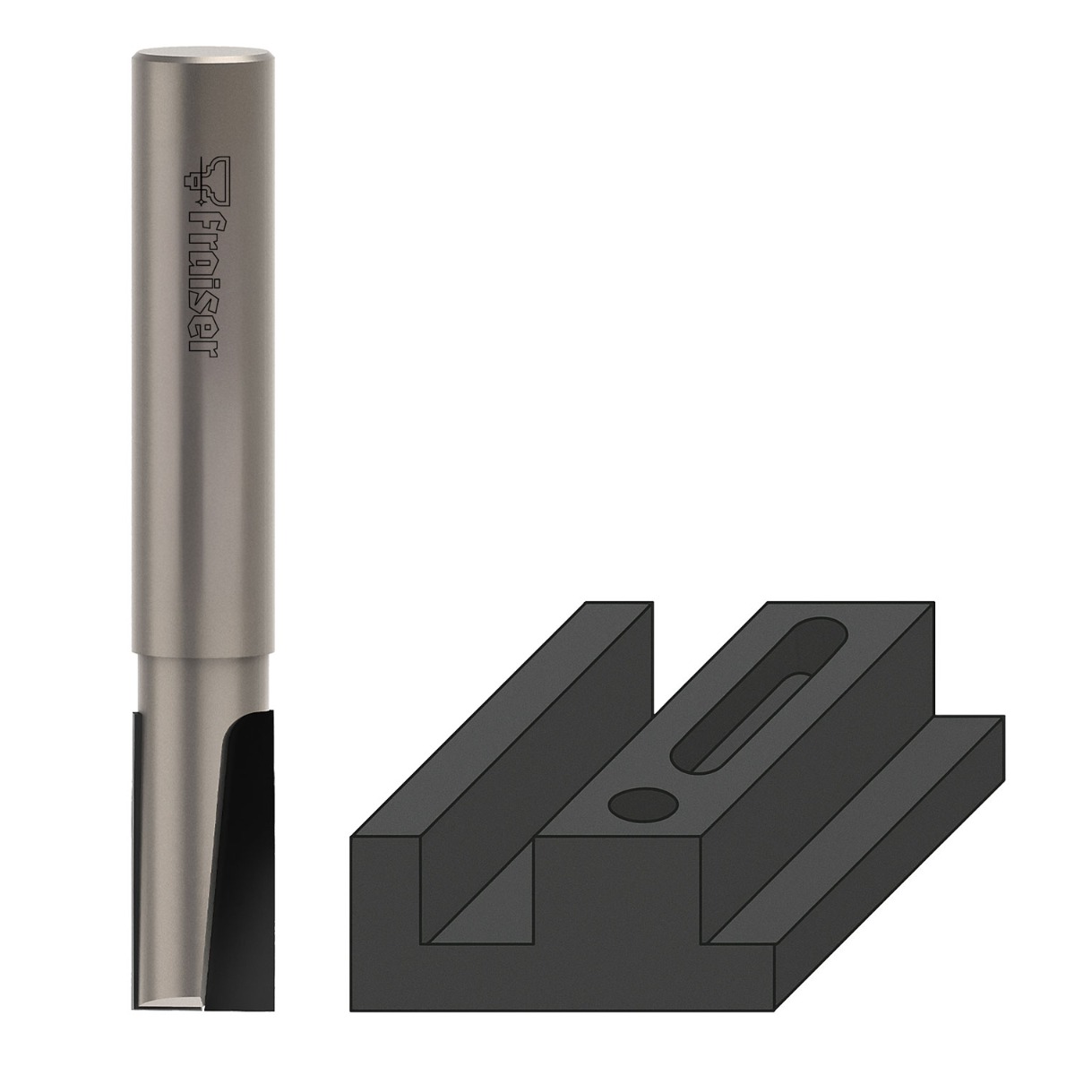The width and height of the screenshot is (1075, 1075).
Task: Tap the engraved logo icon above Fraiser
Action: [206, 180]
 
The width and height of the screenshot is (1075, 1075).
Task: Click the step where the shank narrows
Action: [203, 654]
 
